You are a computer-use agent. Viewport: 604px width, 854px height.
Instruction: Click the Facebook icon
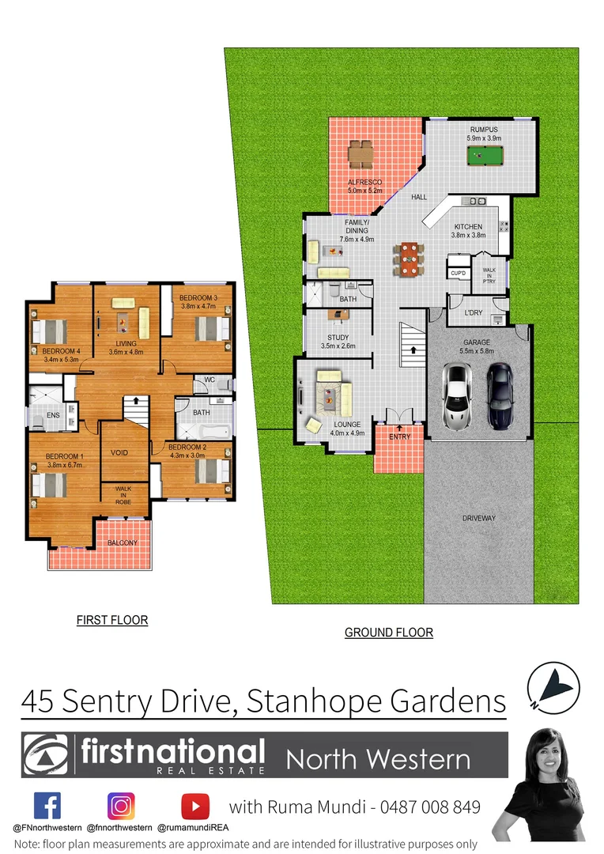(x=47, y=806)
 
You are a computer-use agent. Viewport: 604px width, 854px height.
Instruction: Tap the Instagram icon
(x=121, y=806)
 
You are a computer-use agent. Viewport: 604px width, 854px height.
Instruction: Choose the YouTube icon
(x=194, y=806)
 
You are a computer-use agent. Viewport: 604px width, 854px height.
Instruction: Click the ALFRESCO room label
(x=364, y=183)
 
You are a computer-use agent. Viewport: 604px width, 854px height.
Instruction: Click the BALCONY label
(x=123, y=542)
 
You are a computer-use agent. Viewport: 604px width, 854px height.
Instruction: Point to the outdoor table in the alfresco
(x=361, y=153)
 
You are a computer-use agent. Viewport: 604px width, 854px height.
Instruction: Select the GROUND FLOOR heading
(x=388, y=633)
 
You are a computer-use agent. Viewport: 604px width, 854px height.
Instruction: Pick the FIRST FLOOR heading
(x=111, y=620)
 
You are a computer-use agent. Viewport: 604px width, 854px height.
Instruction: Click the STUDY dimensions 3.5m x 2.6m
(x=338, y=346)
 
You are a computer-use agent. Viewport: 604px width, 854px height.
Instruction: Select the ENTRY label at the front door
(x=399, y=436)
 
